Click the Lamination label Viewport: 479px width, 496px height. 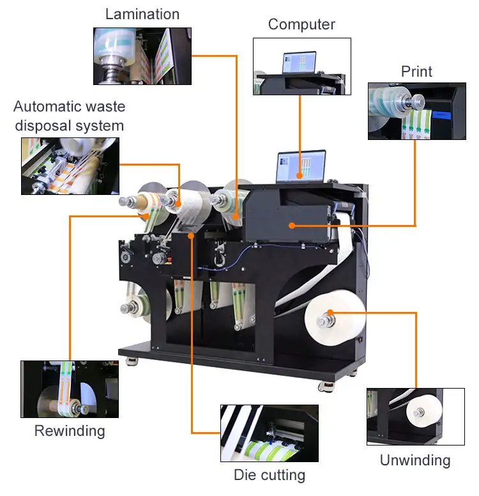pyautogui.click(x=142, y=13)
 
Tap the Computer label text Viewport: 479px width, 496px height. pyautogui.click(x=301, y=24)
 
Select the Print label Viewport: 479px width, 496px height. pyautogui.click(x=416, y=71)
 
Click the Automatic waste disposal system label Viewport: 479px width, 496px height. pyautogui.click(x=69, y=116)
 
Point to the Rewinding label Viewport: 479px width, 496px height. pyautogui.click(x=70, y=431)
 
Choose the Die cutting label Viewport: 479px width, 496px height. pyautogui.click(x=269, y=475)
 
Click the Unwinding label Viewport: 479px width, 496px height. pyautogui.click(x=415, y=460)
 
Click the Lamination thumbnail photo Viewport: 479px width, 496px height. pyautogui.click(x=142, y=56)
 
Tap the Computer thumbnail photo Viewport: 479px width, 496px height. pyautogui.click(x=302, y=66)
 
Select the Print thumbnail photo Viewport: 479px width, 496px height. pyautogui.click(x=416, y=111)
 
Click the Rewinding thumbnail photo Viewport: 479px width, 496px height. pyautogui.click(x=70, y=389)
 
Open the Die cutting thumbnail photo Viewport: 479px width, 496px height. pyautogui.click(x=269, y=433)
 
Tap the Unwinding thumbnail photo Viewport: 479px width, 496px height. pyautogui.click(x=415, y=416)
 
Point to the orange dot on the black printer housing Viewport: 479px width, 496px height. pyautogui.click(x=291, y=225)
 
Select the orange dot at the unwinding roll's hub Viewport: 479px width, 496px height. pyautogui.click(x=330, y=313)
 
